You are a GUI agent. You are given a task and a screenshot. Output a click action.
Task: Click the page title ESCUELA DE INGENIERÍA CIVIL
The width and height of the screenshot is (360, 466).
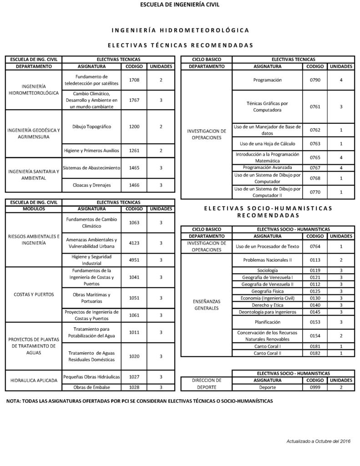pyautogui.click(x=180, y=5)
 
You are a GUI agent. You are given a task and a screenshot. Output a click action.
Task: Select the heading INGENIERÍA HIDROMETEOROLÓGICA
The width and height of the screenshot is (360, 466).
pyautogui.click(x=180, y=30)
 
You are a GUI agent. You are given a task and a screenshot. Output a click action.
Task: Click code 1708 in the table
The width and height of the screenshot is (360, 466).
pyautogui.click(x=134, y=80)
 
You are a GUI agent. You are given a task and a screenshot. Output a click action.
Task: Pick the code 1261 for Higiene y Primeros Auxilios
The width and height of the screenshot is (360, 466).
pyautogui.click(x=134, y=150)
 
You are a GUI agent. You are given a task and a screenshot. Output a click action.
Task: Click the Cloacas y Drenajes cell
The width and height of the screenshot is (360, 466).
pyautogui.click(x=91, y=185)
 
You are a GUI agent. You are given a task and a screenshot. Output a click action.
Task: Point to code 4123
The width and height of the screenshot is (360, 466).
pyautogui.click(x=134, y=243)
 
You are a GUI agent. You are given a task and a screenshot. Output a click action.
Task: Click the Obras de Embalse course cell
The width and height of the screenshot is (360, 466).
pyautogui.click(x=91, y=387)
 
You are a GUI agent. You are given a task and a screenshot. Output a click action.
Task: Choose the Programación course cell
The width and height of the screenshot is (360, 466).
pyautogui.click(x=267, y=80)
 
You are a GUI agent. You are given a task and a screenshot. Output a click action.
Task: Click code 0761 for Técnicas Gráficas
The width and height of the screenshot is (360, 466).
pyautogui.click(x=315, y=106)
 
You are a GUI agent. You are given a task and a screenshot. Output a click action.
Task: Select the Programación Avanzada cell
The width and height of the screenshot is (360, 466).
pyautogui.click(x=267, y=167)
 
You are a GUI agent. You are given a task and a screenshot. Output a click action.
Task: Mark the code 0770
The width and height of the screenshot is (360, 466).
pyautogui.click(x=315, y=192)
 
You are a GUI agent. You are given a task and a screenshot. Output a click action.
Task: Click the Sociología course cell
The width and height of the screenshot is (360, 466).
pyautogui.click(x=267, y=270)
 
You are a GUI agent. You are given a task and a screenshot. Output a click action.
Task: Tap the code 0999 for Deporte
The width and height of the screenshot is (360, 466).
pyautogui.click(x=315, y=387)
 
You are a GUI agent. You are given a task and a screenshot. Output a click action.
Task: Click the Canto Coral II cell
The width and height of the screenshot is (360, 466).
pyautogui.click(x=267, y=353)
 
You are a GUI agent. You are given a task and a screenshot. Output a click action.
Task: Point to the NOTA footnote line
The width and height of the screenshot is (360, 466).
pyautogui.click(x=139, y=401)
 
